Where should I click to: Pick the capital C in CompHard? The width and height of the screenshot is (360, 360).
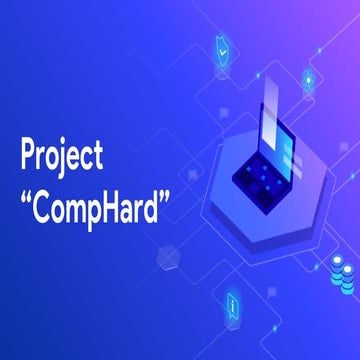point(41,190)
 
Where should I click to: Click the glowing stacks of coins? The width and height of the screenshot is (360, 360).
point(342,268)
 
